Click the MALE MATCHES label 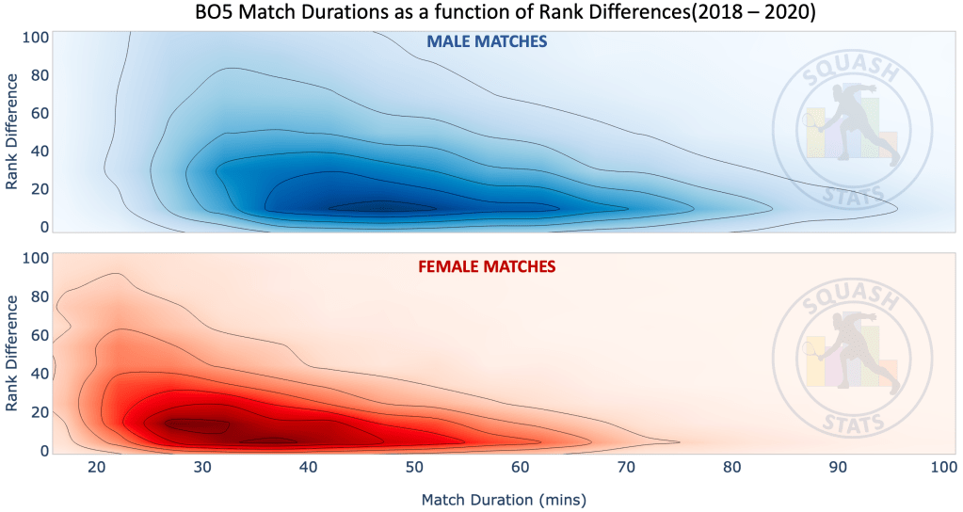coord(487,42)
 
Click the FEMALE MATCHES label coord(487,266)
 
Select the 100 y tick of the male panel coord(35,38)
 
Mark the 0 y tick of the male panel coord(41,227)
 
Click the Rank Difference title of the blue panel coord(12,135)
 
